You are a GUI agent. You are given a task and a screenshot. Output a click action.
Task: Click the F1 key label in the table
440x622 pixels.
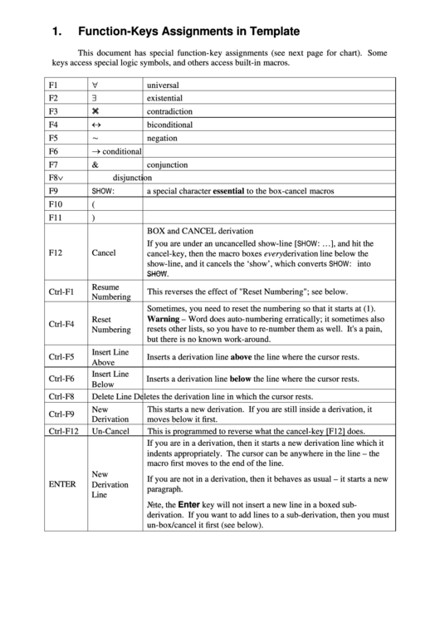point(54,85)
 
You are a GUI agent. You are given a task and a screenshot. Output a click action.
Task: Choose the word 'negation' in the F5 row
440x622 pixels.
point(162,137)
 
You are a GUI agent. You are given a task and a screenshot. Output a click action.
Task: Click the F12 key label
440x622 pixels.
point(56,252)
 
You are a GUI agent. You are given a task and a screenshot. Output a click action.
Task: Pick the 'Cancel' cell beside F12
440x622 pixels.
point(104,252)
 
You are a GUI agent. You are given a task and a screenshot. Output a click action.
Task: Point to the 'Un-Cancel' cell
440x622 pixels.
point(110,431)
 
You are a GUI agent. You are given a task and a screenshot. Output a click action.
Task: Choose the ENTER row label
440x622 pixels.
point(63,483)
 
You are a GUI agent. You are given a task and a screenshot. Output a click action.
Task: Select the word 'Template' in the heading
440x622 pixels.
point(270,32)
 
